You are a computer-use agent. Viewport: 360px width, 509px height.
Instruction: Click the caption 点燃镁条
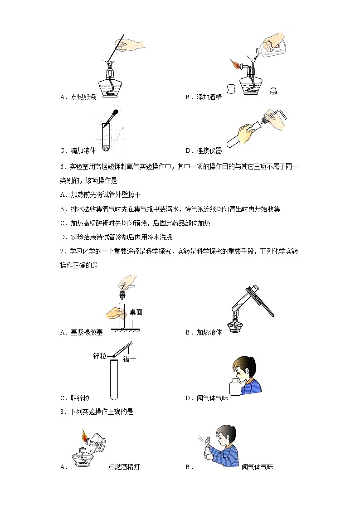point(83,97)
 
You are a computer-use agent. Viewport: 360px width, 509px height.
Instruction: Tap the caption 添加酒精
point(209,97)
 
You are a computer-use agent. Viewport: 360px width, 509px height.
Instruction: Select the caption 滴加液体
point(83,150)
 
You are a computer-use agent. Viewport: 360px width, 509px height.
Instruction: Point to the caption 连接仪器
point(209,150)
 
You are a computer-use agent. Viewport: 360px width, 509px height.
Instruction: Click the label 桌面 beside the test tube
point(136,312)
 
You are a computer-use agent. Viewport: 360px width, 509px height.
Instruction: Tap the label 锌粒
point(99,356)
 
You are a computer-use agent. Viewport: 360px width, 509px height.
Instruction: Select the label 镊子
point(130,359)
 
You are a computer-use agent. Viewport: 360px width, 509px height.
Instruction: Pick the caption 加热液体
point(209,332)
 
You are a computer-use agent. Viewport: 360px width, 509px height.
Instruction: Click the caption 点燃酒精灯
point(124,467)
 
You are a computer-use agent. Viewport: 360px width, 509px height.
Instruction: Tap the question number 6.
point(62,166)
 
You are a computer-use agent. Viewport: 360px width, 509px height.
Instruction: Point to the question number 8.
point(62,412)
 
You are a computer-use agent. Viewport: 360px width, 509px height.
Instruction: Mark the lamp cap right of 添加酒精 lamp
point(273,91)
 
